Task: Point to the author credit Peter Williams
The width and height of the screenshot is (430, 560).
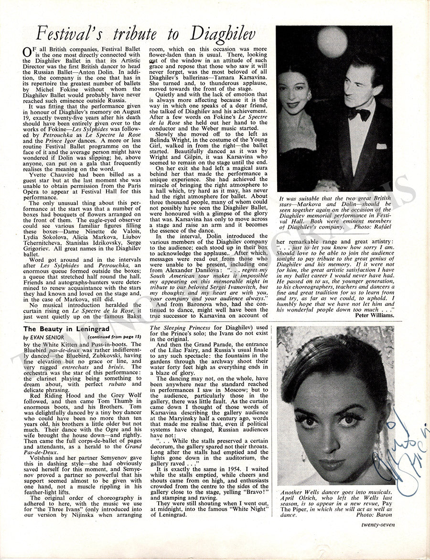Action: pos(375,315)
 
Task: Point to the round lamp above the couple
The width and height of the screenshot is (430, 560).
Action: pos(332,42)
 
